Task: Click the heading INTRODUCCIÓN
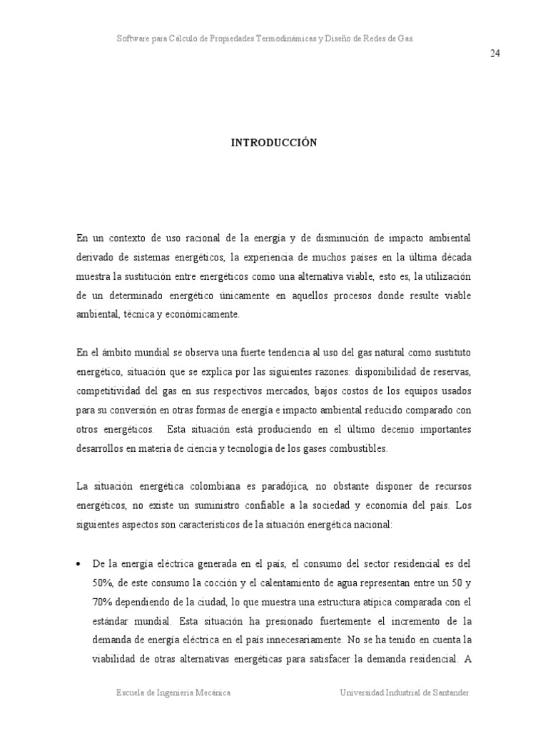[273, 143]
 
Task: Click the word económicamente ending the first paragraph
[207, 315]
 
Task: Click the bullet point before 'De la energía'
[78, 564]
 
